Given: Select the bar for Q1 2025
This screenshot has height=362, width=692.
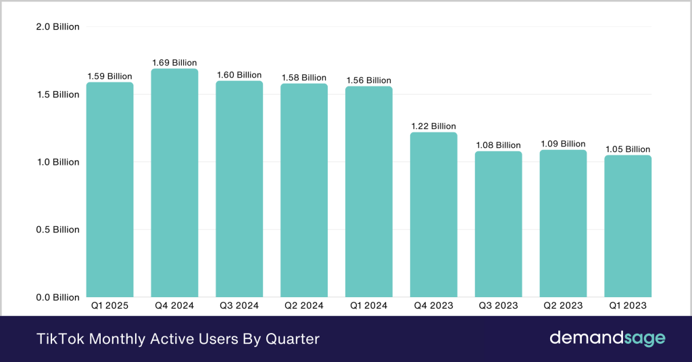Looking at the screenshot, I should [109, 190].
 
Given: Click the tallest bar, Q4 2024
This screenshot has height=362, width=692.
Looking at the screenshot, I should [174, 183].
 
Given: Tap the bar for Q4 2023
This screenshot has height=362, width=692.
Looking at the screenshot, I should [433, 215].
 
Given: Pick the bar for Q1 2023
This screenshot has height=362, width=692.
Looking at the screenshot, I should [628, 226].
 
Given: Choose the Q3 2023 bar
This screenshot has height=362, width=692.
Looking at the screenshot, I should [498, 224].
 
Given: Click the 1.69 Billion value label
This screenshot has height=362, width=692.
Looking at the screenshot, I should [174, 63].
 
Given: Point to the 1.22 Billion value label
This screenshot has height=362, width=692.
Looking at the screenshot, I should [433, 126].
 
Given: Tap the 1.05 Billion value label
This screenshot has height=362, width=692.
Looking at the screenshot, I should [628, 149].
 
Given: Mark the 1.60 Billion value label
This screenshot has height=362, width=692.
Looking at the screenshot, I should [239, 75].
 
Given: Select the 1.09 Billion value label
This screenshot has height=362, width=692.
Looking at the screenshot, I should [563, 144].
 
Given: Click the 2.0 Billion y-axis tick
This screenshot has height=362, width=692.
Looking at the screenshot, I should [57, 27].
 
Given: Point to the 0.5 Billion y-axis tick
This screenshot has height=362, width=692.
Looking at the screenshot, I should [57, 230].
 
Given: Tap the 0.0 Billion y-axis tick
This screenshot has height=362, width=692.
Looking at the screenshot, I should [57, 297].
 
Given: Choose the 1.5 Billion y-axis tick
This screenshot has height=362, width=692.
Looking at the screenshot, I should [57, 95].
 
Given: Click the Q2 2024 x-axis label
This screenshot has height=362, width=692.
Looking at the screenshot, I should [303, 306].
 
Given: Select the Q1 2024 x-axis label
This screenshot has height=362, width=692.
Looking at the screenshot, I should [368, 306].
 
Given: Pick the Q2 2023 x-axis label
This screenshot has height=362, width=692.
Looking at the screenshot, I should [563, 306].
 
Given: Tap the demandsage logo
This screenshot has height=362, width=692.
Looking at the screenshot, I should [607, 338].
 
